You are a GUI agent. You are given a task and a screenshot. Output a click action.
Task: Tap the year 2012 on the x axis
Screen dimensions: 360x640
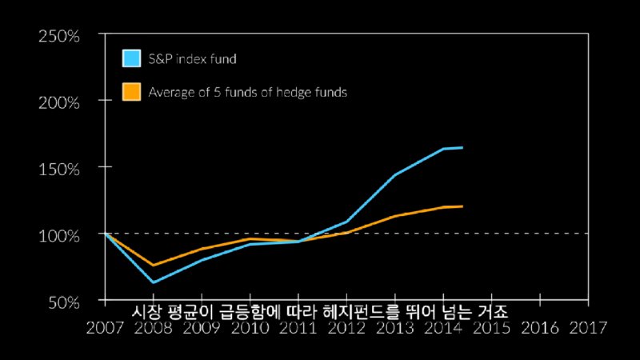[x=346, y=326]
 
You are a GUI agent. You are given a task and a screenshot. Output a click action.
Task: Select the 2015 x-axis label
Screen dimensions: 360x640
[x=491, y=326]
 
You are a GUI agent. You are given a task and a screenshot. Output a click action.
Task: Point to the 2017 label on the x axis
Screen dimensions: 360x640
[x=588, y=326]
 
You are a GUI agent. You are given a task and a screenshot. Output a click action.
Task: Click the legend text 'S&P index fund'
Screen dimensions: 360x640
[x=193, y=59]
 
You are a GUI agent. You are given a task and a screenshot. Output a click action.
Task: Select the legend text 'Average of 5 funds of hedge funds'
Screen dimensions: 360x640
[x=247, y=93]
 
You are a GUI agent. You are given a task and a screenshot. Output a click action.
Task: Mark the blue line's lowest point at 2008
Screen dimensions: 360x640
[x=152, y=282]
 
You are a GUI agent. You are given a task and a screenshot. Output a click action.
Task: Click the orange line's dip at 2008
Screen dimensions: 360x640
[x=152, y=265]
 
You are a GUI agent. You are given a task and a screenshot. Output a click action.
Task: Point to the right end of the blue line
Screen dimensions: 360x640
[x=462, y=147]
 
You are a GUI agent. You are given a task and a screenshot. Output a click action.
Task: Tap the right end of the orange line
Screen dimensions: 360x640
[x=462, y=206]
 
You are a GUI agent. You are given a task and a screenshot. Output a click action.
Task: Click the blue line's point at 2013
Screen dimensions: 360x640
[x=394, y=175]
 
